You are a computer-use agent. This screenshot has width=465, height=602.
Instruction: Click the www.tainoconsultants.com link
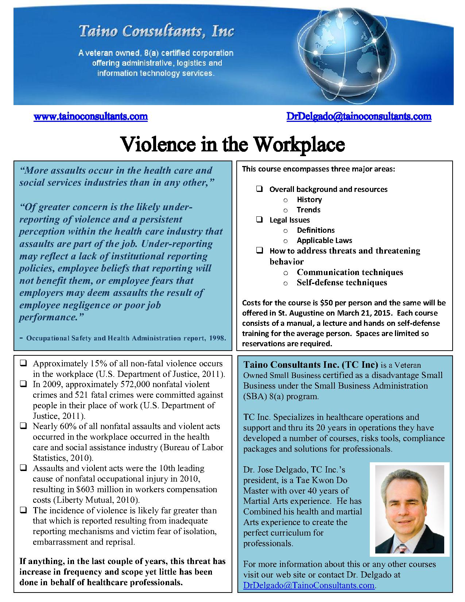[90, 116]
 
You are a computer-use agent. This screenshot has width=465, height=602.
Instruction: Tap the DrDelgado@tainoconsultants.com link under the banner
[359, 116]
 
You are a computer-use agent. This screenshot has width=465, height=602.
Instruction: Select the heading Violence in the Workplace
[232, 144]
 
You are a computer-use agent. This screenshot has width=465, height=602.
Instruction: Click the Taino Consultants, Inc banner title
[156, 32]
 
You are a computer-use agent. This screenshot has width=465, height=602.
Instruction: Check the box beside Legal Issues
[259, 220]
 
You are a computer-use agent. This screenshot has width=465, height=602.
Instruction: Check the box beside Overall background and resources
[259, 189]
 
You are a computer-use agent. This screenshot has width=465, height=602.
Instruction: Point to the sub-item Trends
[308, 210]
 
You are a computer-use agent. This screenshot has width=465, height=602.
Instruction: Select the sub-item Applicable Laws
[324, 240]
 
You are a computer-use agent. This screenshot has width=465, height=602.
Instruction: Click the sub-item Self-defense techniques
[342, 282]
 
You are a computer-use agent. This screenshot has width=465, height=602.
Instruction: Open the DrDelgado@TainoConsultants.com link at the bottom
[309, 585]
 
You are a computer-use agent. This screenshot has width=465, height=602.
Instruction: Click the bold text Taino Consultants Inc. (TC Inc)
[311, 364]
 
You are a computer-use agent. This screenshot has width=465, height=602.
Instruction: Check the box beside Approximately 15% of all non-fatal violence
[23, 363]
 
